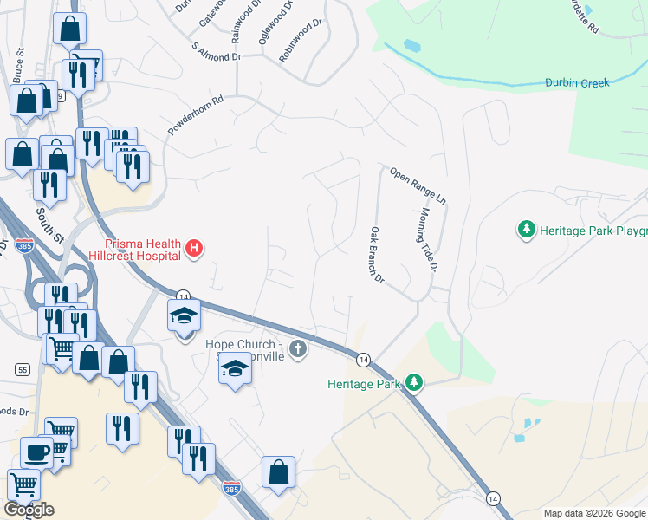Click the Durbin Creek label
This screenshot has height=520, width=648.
[577, 83]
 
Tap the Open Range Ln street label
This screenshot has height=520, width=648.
[418, 185]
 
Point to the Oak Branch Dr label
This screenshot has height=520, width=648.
[377, 256]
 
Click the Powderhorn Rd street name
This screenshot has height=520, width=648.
[196, 114]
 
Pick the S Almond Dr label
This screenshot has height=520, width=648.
[216, 52]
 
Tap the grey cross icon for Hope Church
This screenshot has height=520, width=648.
[297, 349]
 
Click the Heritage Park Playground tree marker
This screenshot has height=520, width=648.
[525, 230]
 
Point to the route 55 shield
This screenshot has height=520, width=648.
[23, 369]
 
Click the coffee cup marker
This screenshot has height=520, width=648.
[36, 453]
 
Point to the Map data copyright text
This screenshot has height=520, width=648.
[594, 513]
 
